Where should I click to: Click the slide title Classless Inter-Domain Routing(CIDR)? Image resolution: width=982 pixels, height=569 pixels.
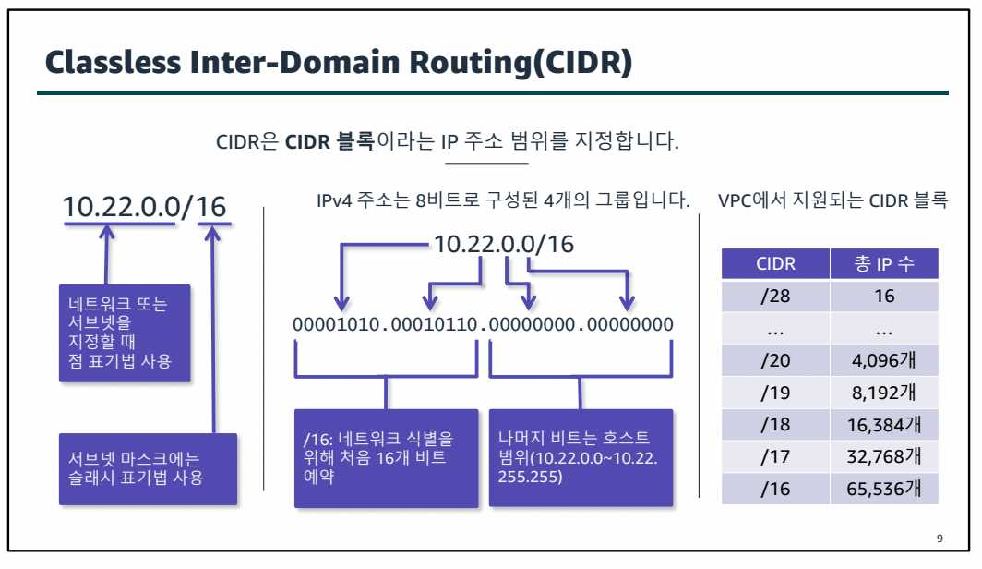coord(338,63)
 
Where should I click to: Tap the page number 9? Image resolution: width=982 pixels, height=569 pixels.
coord(940,539)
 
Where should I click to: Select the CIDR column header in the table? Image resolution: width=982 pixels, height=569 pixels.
coord(775,264)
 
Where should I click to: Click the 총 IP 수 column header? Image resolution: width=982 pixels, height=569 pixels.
coord(884,264)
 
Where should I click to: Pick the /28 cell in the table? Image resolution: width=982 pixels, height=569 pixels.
coord(775,297)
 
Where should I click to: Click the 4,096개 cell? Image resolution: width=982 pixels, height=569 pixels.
coord(884,360)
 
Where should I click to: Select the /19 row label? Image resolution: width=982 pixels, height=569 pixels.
coord(775,393)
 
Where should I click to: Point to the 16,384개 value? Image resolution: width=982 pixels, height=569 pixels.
coord(884,425)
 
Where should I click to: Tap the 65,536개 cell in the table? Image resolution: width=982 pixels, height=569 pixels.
coord(884,490)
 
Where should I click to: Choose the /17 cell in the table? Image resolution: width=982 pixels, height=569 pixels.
coord(775,457)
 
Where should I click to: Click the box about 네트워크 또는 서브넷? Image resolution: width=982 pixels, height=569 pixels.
coord(126,333)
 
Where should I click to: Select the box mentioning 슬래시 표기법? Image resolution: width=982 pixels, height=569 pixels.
coord(148,468)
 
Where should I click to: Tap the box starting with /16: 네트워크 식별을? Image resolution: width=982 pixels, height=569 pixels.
coord(386,457)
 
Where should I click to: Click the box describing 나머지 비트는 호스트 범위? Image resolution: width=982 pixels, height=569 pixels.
coord(580,457)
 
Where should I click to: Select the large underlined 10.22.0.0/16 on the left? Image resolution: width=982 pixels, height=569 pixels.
coord(145,206)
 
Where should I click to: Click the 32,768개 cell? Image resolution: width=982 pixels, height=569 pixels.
coord(884,457)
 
